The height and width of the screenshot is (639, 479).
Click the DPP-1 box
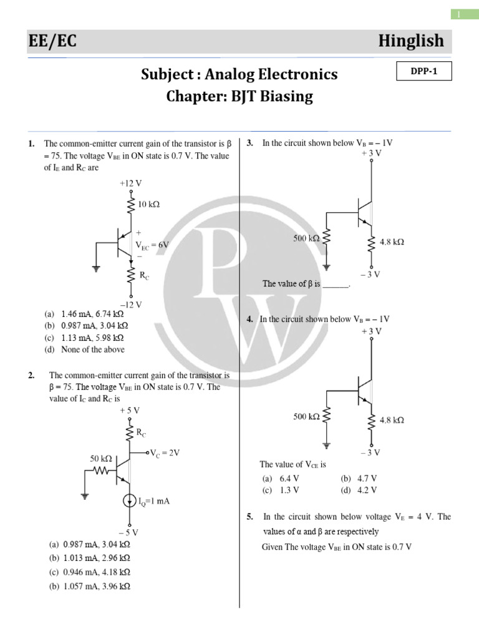(423, 72)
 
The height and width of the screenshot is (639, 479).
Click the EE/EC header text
(53, 41)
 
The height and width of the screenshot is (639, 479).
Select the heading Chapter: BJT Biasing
(239, 97)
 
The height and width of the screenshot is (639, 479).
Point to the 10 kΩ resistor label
(148, 205)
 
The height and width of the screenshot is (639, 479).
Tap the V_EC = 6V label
(152, 245)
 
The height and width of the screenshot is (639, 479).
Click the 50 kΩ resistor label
(100, 458)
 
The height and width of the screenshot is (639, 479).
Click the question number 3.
(249, 143)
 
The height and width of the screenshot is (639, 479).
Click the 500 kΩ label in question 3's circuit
(306, 238)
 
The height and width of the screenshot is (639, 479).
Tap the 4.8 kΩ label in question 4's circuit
(391, 420)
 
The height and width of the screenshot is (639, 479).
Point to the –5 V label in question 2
(129, 532)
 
